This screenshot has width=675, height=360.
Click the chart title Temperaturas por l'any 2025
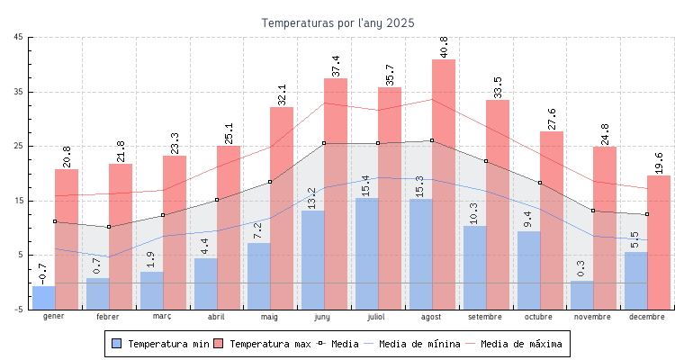337,23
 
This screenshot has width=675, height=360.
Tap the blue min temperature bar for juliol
366,252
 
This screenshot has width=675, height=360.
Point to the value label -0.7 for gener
43,273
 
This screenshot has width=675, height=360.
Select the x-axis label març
162,317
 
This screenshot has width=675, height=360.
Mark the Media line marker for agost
432,140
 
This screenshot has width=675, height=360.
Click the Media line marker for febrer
109,227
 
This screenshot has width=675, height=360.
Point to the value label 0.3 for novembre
581,268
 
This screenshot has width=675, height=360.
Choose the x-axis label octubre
539,317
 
